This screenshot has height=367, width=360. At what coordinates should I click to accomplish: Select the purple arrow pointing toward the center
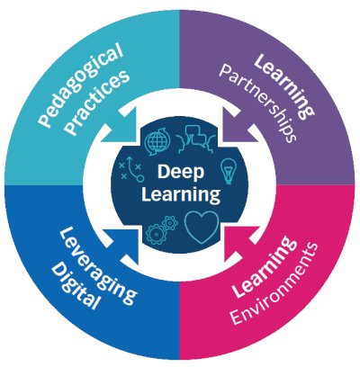(236, 130)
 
